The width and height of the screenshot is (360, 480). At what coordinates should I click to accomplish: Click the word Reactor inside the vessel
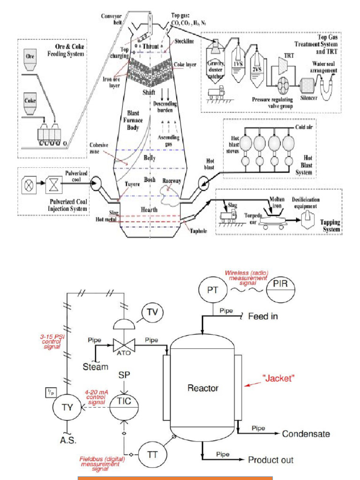point(202,388)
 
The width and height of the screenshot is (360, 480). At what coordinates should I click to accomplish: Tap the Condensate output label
point(306,434)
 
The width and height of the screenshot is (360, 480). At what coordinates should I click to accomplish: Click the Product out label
point(271,460)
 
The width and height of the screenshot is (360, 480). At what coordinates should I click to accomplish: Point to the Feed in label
point(262,316)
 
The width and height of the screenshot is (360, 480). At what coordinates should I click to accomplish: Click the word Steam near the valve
point(96,367)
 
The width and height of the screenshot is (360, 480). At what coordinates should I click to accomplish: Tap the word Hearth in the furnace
point(149,210)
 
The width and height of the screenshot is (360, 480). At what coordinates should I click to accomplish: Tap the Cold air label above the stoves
point(305,127)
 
